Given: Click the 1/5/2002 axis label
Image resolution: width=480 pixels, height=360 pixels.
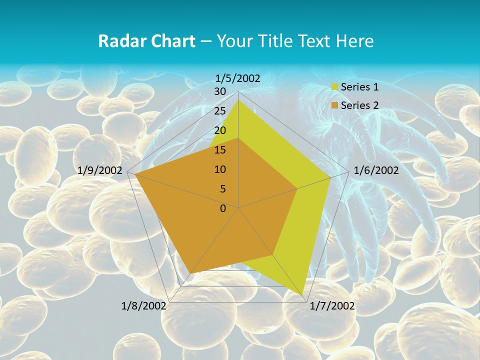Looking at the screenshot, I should [238, 78].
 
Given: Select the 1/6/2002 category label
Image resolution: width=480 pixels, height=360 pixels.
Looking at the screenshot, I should [376, 170].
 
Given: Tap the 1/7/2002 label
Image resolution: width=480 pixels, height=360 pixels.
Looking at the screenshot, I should [332, 306].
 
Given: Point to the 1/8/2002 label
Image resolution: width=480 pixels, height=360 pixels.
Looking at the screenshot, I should [143, 306].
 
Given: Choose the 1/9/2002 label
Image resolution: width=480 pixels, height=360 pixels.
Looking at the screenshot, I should [100, 170].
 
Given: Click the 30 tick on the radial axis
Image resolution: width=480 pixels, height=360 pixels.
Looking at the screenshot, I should [220, 91].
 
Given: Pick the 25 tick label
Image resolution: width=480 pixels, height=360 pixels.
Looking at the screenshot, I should [220, 111].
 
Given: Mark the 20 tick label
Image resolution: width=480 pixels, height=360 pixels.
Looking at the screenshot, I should [220, 130].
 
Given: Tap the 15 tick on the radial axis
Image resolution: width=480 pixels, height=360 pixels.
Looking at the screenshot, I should [220, 150].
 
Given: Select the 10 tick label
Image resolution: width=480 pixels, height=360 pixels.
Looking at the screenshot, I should [220, 169].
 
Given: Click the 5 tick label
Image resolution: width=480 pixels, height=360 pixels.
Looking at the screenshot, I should [223, 189].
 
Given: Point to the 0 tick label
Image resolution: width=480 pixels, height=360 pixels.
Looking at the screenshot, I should [223, 208].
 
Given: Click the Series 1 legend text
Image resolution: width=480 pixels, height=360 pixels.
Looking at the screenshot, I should [359, 87].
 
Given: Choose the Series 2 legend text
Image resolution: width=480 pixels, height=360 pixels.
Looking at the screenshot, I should [359, 105].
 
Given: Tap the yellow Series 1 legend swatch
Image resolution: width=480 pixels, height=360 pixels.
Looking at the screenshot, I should [335, 87].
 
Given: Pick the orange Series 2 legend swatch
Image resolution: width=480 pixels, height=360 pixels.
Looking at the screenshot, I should [335, 105].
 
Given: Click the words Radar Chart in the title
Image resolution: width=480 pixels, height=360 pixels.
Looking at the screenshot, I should [146, 41].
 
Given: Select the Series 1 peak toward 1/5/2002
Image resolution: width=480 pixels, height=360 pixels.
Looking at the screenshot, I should [238, 100].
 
